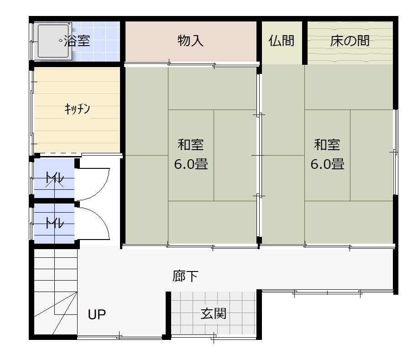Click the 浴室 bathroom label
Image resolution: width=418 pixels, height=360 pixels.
(77, 41)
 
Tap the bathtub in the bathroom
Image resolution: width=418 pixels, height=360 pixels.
(53, 41)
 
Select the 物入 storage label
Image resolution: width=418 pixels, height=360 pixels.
(190, 41)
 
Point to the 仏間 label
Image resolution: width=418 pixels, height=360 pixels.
(281, 41)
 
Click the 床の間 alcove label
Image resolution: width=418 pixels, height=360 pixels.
(350, 41)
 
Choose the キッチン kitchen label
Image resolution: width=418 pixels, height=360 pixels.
(77, 109)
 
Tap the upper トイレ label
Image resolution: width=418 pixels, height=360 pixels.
(55, 178)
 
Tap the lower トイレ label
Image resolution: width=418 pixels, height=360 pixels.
(55, 223)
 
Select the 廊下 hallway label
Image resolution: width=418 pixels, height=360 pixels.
(185, 276)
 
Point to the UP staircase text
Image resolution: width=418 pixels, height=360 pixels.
(97, 314)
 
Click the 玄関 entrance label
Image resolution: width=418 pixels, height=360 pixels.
(213, 313)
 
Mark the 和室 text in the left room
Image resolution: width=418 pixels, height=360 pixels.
(190, 145)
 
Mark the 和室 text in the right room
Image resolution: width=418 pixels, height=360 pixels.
(327, 145)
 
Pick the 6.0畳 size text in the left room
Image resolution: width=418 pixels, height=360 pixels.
(191, 164)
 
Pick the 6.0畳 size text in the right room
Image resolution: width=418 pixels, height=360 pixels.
(327, 164)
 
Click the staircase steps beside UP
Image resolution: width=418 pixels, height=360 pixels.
(56, 292)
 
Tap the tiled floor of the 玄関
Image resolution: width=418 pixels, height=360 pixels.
(214, 313)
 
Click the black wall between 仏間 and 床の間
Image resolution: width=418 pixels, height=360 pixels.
(305, 42)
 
